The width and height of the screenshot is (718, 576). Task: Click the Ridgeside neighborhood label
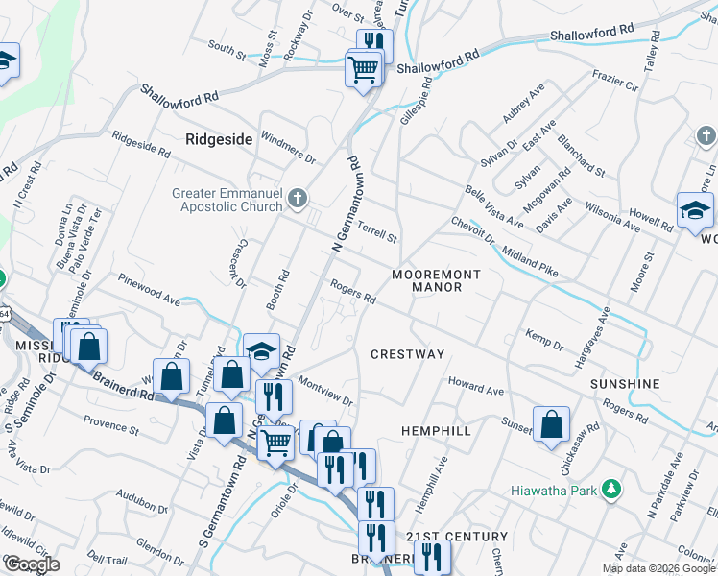pos(219,139)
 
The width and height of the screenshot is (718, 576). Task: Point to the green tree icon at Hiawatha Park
pos(610,490)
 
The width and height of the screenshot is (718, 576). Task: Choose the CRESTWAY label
pos(408,354)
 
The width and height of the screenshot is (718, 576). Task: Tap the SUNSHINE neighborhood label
pos(625,384)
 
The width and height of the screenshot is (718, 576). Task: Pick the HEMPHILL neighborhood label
pos(436,431)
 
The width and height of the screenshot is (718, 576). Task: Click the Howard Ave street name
pos(477,389)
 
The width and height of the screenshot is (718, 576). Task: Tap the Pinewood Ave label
pos(149,292)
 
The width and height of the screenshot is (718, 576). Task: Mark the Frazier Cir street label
pos(615,81)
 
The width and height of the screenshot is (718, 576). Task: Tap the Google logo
pos(32,564)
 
